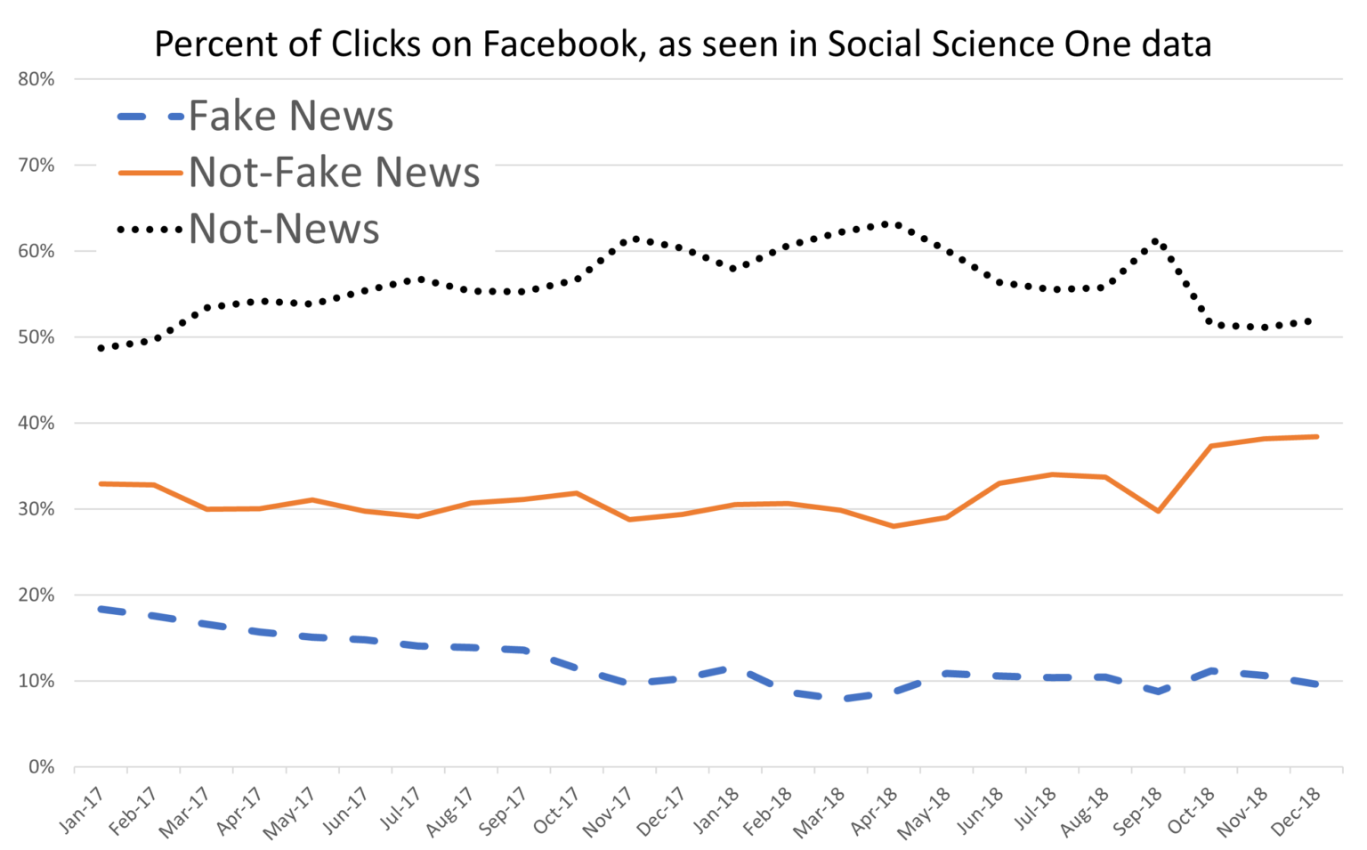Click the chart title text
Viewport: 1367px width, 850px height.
[683, 44]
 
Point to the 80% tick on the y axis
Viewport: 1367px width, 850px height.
[36, 79]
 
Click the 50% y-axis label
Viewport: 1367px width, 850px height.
[36, 337]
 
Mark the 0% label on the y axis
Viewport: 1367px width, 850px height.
[41, 767]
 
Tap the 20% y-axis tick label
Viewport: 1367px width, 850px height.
[36, 595]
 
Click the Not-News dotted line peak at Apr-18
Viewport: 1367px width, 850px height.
[886, 223]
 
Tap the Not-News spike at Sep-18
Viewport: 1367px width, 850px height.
[1156, 240]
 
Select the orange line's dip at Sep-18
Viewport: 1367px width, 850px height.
[1158, 511]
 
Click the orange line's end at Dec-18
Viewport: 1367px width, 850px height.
[1316, 436]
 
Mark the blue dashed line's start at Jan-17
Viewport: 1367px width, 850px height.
[101, 609]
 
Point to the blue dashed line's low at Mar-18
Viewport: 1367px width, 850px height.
[844, 699]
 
